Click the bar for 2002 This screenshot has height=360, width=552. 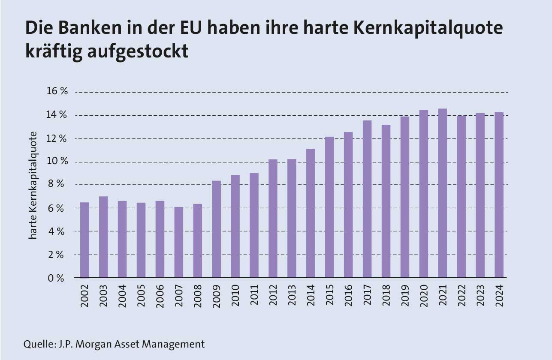click(84, 240)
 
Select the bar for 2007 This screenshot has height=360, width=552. click(179, 243)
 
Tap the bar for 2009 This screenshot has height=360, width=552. click(217, 229)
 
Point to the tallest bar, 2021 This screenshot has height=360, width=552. click(442, 193)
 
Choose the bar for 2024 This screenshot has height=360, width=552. click(499, 195)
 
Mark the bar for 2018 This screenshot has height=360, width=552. click(386, 201)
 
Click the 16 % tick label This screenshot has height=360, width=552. click(57, 92)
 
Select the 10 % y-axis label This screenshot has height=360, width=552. click(57, 162)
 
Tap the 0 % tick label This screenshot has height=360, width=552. click(55, 278)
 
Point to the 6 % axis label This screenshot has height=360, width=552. click(55, 208)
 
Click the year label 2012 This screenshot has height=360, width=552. click(273, 295)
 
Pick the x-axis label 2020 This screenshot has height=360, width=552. click(424, 295)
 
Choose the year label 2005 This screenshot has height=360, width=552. click(141, 295)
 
